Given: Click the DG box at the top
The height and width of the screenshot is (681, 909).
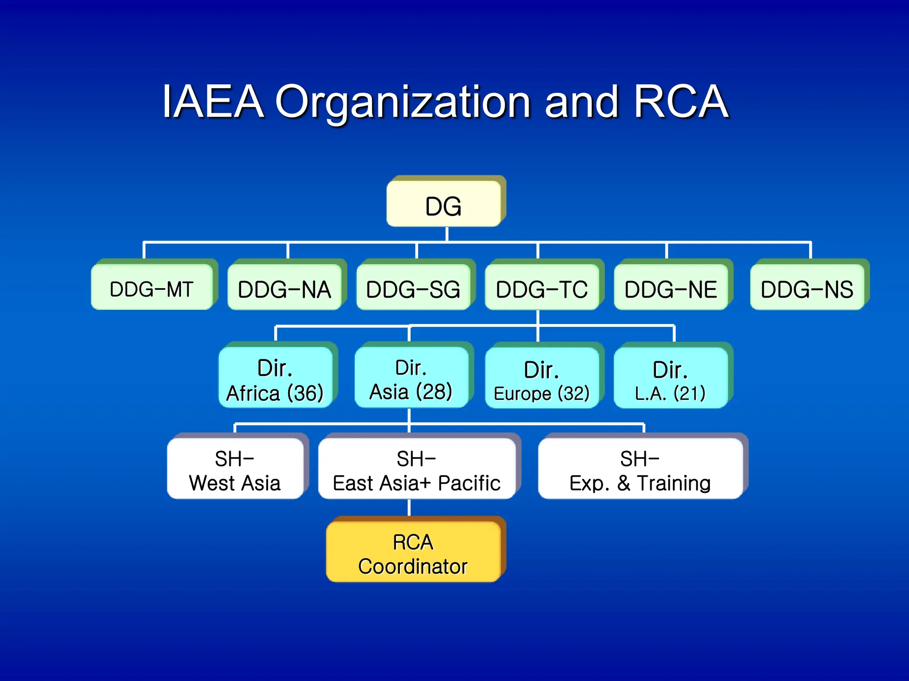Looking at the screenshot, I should point(444,204).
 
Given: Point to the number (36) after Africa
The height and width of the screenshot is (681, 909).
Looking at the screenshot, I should point(305,393).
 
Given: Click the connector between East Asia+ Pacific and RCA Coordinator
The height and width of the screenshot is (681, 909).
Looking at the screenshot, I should point(409,507).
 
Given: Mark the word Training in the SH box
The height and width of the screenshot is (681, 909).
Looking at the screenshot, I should point(674,483).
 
